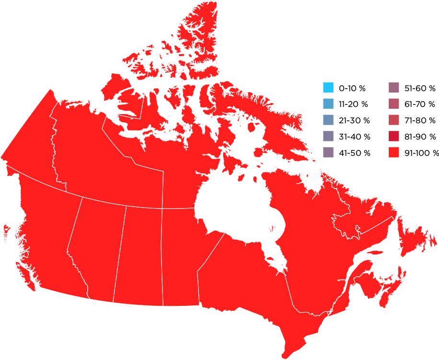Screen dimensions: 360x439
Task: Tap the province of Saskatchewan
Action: point(139,254)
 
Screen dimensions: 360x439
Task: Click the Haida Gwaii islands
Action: point(6,232)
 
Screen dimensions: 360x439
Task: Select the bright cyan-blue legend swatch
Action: point(328,88)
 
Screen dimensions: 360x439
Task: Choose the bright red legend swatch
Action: point(394,152)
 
